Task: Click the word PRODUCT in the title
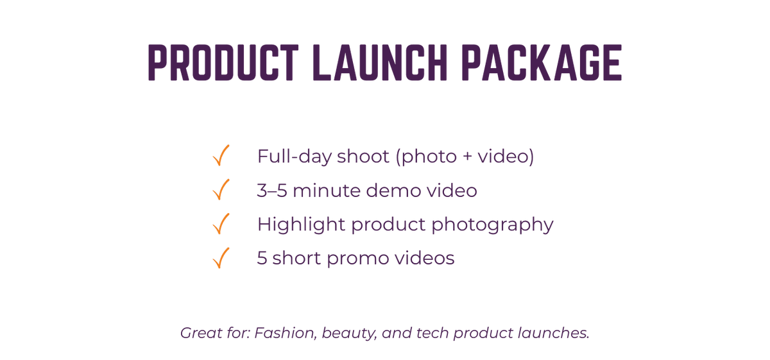(223, 63)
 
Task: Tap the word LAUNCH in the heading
(380, 63)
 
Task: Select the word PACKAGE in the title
(542, 63)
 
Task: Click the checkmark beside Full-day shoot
(221, 155)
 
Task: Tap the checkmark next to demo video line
(221, 189)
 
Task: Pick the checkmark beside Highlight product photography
(221, 223)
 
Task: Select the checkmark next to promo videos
(221, 257)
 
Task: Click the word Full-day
(294, 157)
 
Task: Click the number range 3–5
(272, 191)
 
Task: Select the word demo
(393, 191)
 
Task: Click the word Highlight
(301, 225)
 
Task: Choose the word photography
(492, 225)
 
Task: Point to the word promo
(358, 259)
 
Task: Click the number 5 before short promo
(262, 258)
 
